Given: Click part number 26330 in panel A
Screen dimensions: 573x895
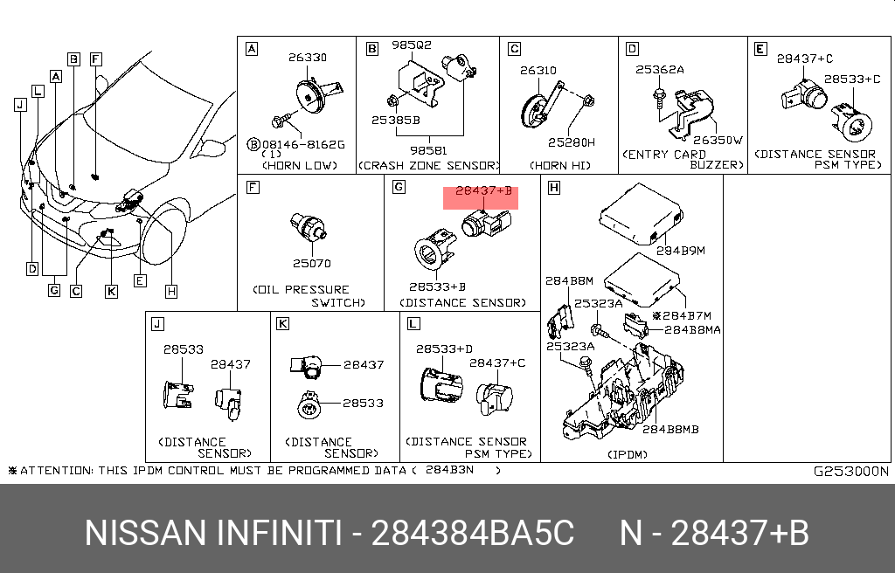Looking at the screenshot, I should [x=308, y=58].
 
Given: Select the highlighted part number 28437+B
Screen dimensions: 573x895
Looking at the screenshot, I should [x=483, y=191].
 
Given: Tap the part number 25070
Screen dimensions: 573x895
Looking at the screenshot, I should [x=312, y=263].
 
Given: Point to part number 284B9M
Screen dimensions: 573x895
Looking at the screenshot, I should [x=680, y=251].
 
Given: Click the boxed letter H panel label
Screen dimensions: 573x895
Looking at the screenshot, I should [x=554, y=188].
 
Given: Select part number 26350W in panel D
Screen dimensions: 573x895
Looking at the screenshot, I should [x=717, y=139].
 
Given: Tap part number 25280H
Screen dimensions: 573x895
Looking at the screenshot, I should [x=572, y=142].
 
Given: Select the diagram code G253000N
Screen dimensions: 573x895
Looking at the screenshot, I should [x=850, y=471].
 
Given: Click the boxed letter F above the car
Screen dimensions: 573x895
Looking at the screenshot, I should [x=96, y=59].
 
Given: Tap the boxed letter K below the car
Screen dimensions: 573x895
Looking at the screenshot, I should [x=111, y=292].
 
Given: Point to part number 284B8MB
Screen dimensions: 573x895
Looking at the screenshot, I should [x=670, y=429].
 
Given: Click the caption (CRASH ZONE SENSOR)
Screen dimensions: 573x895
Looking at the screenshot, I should [x=428, y=165].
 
